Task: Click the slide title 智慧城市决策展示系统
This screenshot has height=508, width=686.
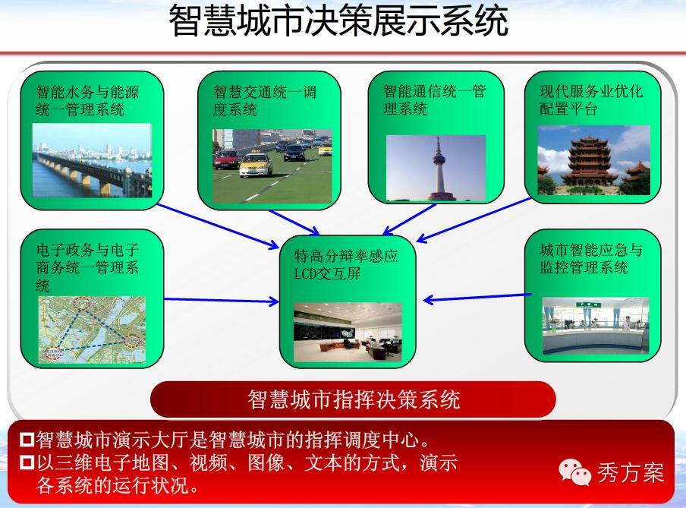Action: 338,21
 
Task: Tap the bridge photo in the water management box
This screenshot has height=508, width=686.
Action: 92,160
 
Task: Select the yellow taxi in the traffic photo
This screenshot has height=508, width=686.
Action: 256,165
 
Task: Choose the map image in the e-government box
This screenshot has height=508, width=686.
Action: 92,330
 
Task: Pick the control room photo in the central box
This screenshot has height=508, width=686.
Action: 348,332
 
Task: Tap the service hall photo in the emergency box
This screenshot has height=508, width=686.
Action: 595,326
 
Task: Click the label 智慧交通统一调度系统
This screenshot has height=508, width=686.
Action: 265,100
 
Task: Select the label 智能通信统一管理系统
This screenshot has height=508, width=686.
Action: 434,99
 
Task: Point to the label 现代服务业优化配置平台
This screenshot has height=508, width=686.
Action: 591,99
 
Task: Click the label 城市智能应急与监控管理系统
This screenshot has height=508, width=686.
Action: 591,258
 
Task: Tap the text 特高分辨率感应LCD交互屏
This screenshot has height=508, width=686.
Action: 345,264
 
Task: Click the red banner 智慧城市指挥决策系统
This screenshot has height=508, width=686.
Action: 353,399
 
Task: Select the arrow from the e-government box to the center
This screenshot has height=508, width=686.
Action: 222,301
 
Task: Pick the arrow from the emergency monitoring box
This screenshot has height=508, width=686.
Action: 477,298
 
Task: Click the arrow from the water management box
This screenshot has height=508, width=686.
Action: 218,226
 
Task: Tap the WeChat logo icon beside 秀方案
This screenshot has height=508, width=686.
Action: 574,472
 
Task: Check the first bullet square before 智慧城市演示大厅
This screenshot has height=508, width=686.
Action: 27,440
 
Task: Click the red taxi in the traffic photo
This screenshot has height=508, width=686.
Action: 227,159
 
